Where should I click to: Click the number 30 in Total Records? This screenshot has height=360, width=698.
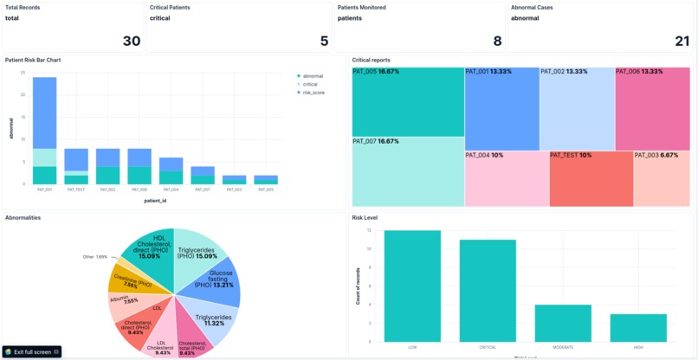click(130, 40)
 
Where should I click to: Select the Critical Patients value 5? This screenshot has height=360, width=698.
click(324, 40)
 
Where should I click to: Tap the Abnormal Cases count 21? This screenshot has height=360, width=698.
click(681, 40)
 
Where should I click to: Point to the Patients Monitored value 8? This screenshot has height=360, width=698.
click(497, 40)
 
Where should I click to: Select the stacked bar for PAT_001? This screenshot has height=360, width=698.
click(44, 130)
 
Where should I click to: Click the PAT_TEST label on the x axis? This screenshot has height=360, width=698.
click(76, 189)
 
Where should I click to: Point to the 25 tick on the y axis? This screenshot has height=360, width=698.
click(23, 72)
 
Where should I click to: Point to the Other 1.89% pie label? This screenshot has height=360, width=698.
click(95, 257)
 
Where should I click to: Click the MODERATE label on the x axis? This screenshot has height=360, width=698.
click(563, 347)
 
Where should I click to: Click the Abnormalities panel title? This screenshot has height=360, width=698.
click(23, 217)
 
